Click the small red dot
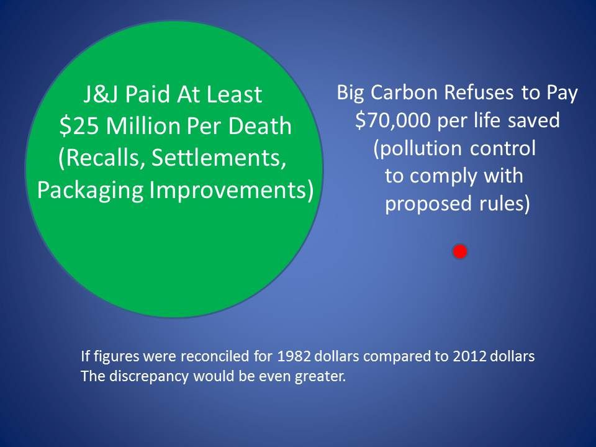click(460, 251)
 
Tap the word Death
click(260, 126)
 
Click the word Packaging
click(91, 191)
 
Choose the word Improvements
click(232, 190)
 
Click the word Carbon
click(404, 93)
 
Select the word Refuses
click(479, 93)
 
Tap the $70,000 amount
click(393, 120)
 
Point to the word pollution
click(418, 148)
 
